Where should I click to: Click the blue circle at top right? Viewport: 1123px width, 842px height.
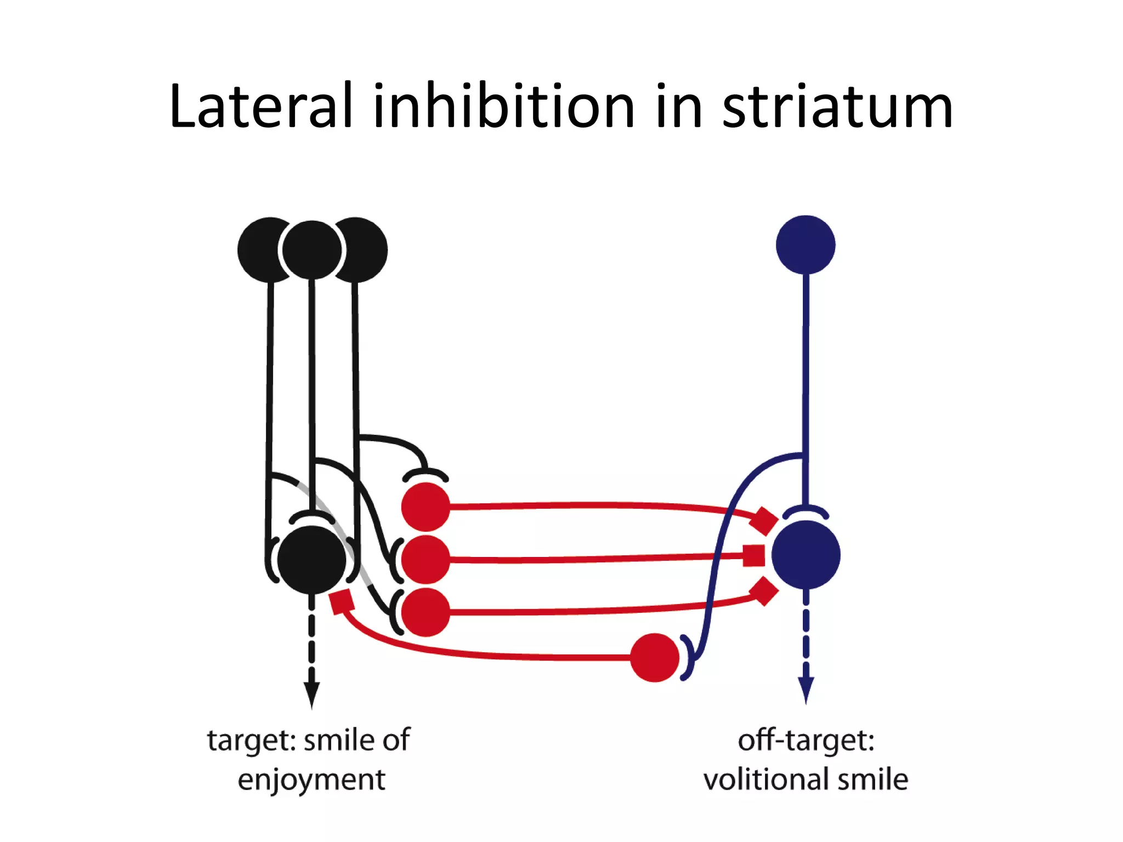806,245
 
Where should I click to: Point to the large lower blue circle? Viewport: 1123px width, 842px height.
806,555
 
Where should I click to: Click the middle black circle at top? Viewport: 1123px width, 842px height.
312,250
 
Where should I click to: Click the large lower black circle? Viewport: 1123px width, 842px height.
311,560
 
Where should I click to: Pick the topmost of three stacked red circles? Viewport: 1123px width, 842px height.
426,507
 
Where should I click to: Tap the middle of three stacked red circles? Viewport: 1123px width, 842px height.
426,560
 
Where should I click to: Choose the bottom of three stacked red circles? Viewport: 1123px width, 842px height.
426,612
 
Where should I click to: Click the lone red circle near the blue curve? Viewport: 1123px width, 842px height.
655,657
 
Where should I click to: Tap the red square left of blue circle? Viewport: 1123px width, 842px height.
754,555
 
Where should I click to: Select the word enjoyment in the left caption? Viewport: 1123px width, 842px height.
311,780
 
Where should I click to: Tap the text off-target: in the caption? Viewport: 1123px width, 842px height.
806,741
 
